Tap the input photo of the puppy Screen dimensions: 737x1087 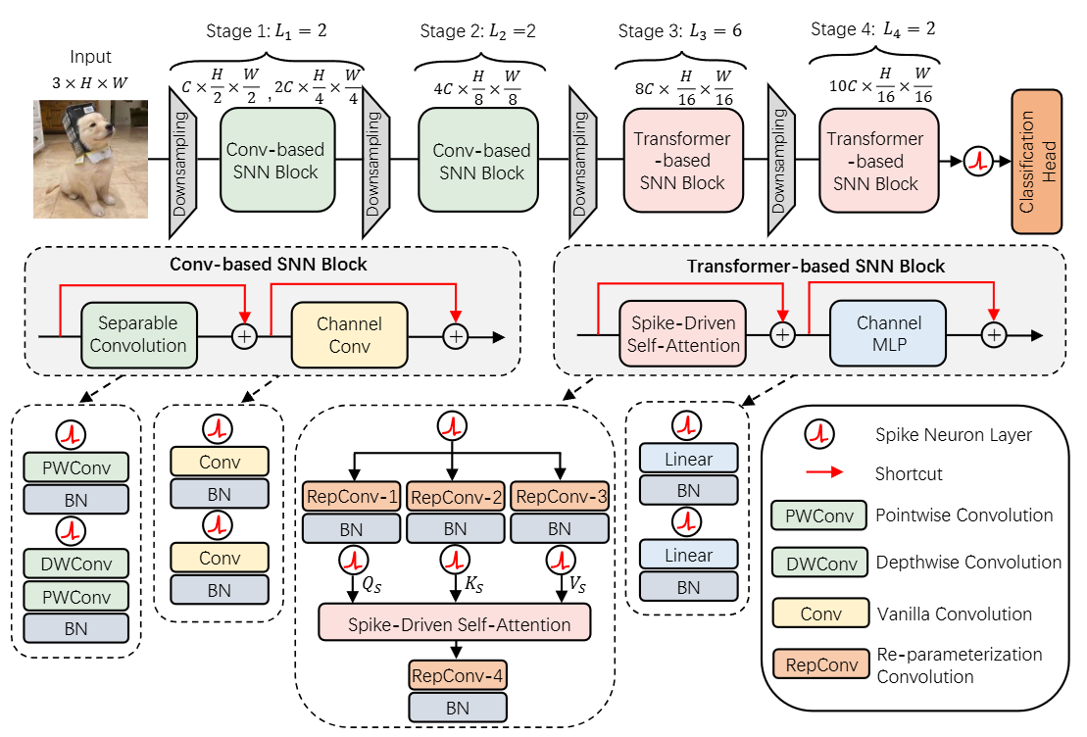point(90,159)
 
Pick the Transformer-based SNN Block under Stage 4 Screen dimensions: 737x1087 point(874,161)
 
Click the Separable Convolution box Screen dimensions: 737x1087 point(139,334)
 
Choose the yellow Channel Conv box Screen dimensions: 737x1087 point(349,334)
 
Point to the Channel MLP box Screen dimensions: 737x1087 point(889,334)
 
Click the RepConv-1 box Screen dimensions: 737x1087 point(352,497)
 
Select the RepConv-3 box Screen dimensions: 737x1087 point(560,497)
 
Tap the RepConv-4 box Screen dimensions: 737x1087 point(457,675)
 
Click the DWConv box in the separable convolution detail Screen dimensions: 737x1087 point(77,565)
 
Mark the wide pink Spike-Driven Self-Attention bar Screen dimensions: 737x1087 point(456,623)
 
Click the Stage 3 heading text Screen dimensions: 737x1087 point(680,30)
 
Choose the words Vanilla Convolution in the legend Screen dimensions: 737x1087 point(954,614)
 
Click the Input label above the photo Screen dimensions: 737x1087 point(90,58)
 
